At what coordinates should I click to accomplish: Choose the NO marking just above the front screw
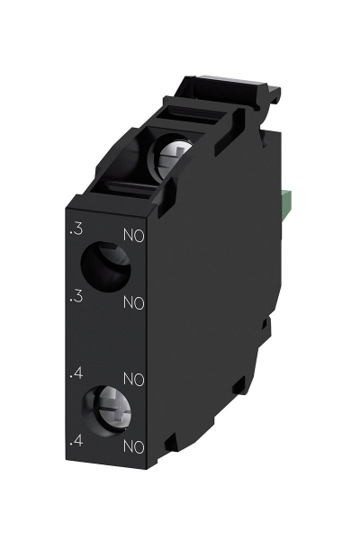(134, 377)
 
